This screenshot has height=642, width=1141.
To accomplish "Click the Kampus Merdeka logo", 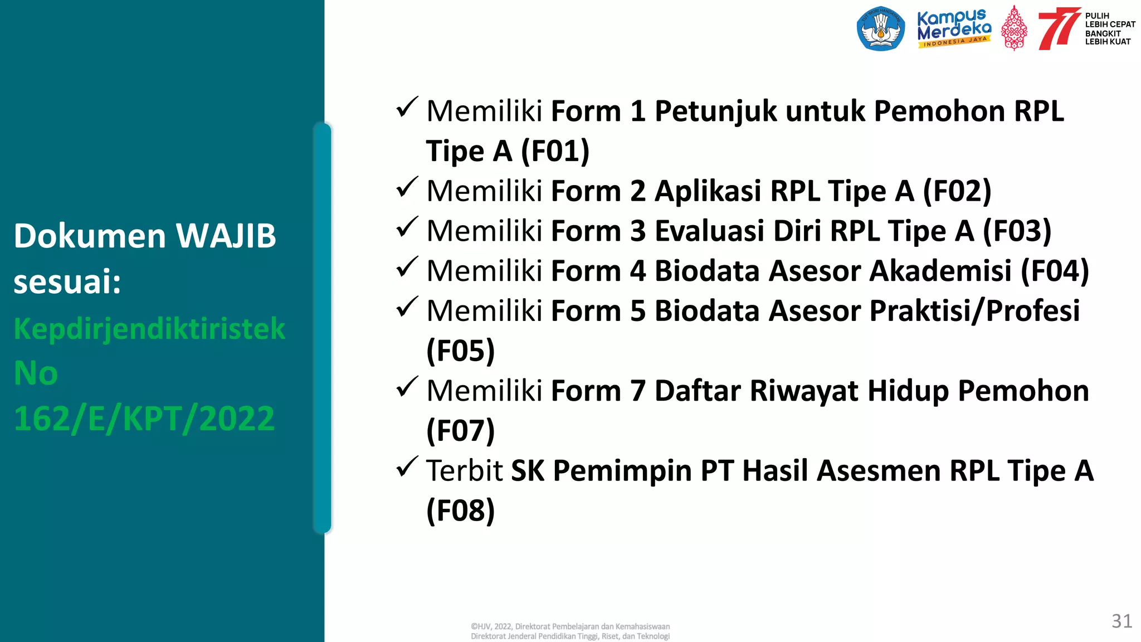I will click(x=954, y=28).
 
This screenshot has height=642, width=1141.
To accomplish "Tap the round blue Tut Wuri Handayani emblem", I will click(x=881, y=28).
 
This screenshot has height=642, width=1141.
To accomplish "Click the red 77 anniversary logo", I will click(x=1057, y=28).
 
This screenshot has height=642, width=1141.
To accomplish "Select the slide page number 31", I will click(x=1122, y=621).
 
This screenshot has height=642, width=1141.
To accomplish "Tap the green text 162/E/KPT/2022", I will click(x=144, y=419).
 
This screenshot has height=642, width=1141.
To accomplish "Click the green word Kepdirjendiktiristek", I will click(x=149, y=328).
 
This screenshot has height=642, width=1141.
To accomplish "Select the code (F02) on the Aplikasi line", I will click(x=957, y=191).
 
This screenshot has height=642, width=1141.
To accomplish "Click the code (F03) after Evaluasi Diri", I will click(x=1017, y=231).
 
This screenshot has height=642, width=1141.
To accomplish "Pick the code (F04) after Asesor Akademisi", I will click(x=1054, y=271).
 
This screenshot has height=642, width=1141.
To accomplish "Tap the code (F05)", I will click(x=460, y=351).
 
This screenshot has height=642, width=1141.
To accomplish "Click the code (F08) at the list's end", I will click(x=460, y=511).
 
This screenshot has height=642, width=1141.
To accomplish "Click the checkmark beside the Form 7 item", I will click(x=407, y=387).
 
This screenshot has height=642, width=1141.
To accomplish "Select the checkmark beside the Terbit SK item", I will click(x=407, y=467).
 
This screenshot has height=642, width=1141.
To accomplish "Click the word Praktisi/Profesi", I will click(x=974, y=311).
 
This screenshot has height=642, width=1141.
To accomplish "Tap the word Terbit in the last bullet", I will click(x=464, y=471).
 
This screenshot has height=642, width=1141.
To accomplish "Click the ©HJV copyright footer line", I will click(x=570, y=626).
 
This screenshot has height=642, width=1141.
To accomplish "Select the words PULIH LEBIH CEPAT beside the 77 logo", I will click(x=1109, y=20).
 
